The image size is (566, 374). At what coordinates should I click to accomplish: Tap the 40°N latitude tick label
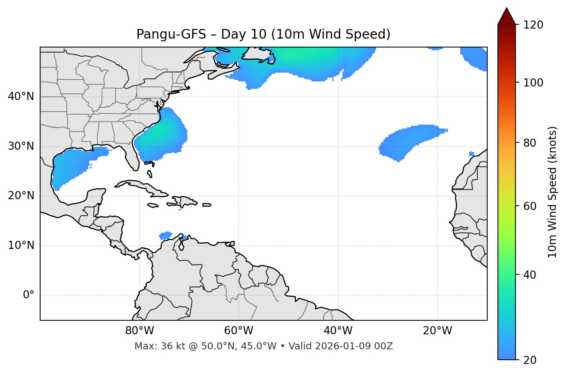[21, 96]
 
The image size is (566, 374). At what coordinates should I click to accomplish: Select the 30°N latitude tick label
[21, 146]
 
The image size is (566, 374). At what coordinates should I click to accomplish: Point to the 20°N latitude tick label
[21, 196]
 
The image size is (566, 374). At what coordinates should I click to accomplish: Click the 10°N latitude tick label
[21, 245]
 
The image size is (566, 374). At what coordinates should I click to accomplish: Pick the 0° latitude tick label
[29, 295]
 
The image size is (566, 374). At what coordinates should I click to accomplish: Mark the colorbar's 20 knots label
[530, 360]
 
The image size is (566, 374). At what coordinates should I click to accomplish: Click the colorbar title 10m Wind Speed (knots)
[552, 192]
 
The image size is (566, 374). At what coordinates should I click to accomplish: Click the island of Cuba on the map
[143, 186]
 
